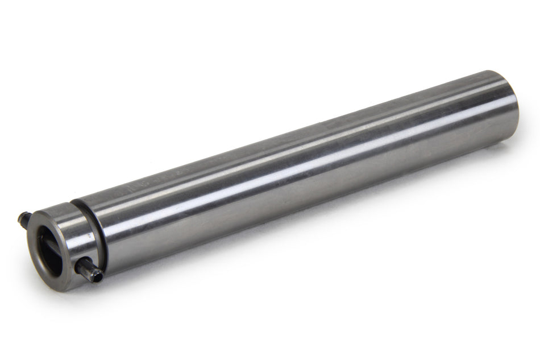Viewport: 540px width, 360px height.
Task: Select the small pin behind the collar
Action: [23, 217]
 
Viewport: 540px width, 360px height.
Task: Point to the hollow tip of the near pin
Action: [98, 276]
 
